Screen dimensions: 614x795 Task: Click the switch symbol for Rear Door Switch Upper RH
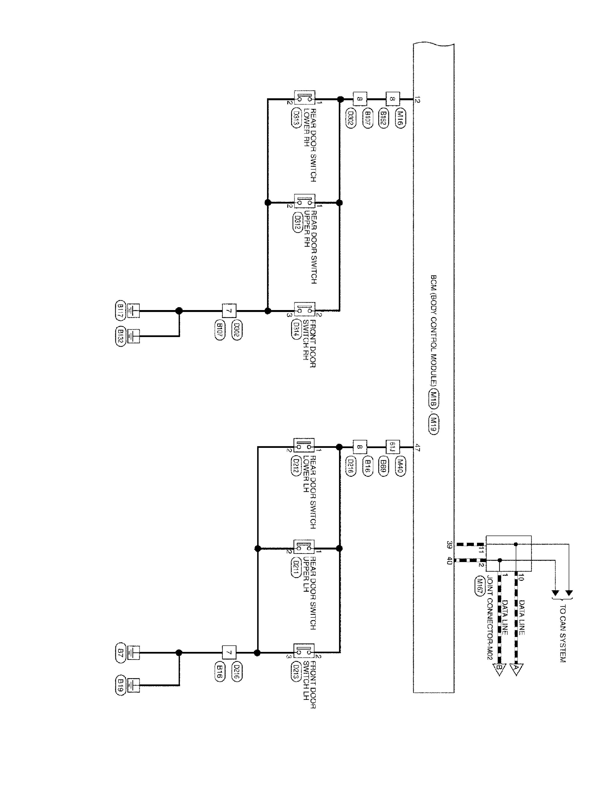[304, 201]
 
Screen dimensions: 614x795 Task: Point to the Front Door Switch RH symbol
[304, 310]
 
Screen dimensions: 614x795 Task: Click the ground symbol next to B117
[134, 311]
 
